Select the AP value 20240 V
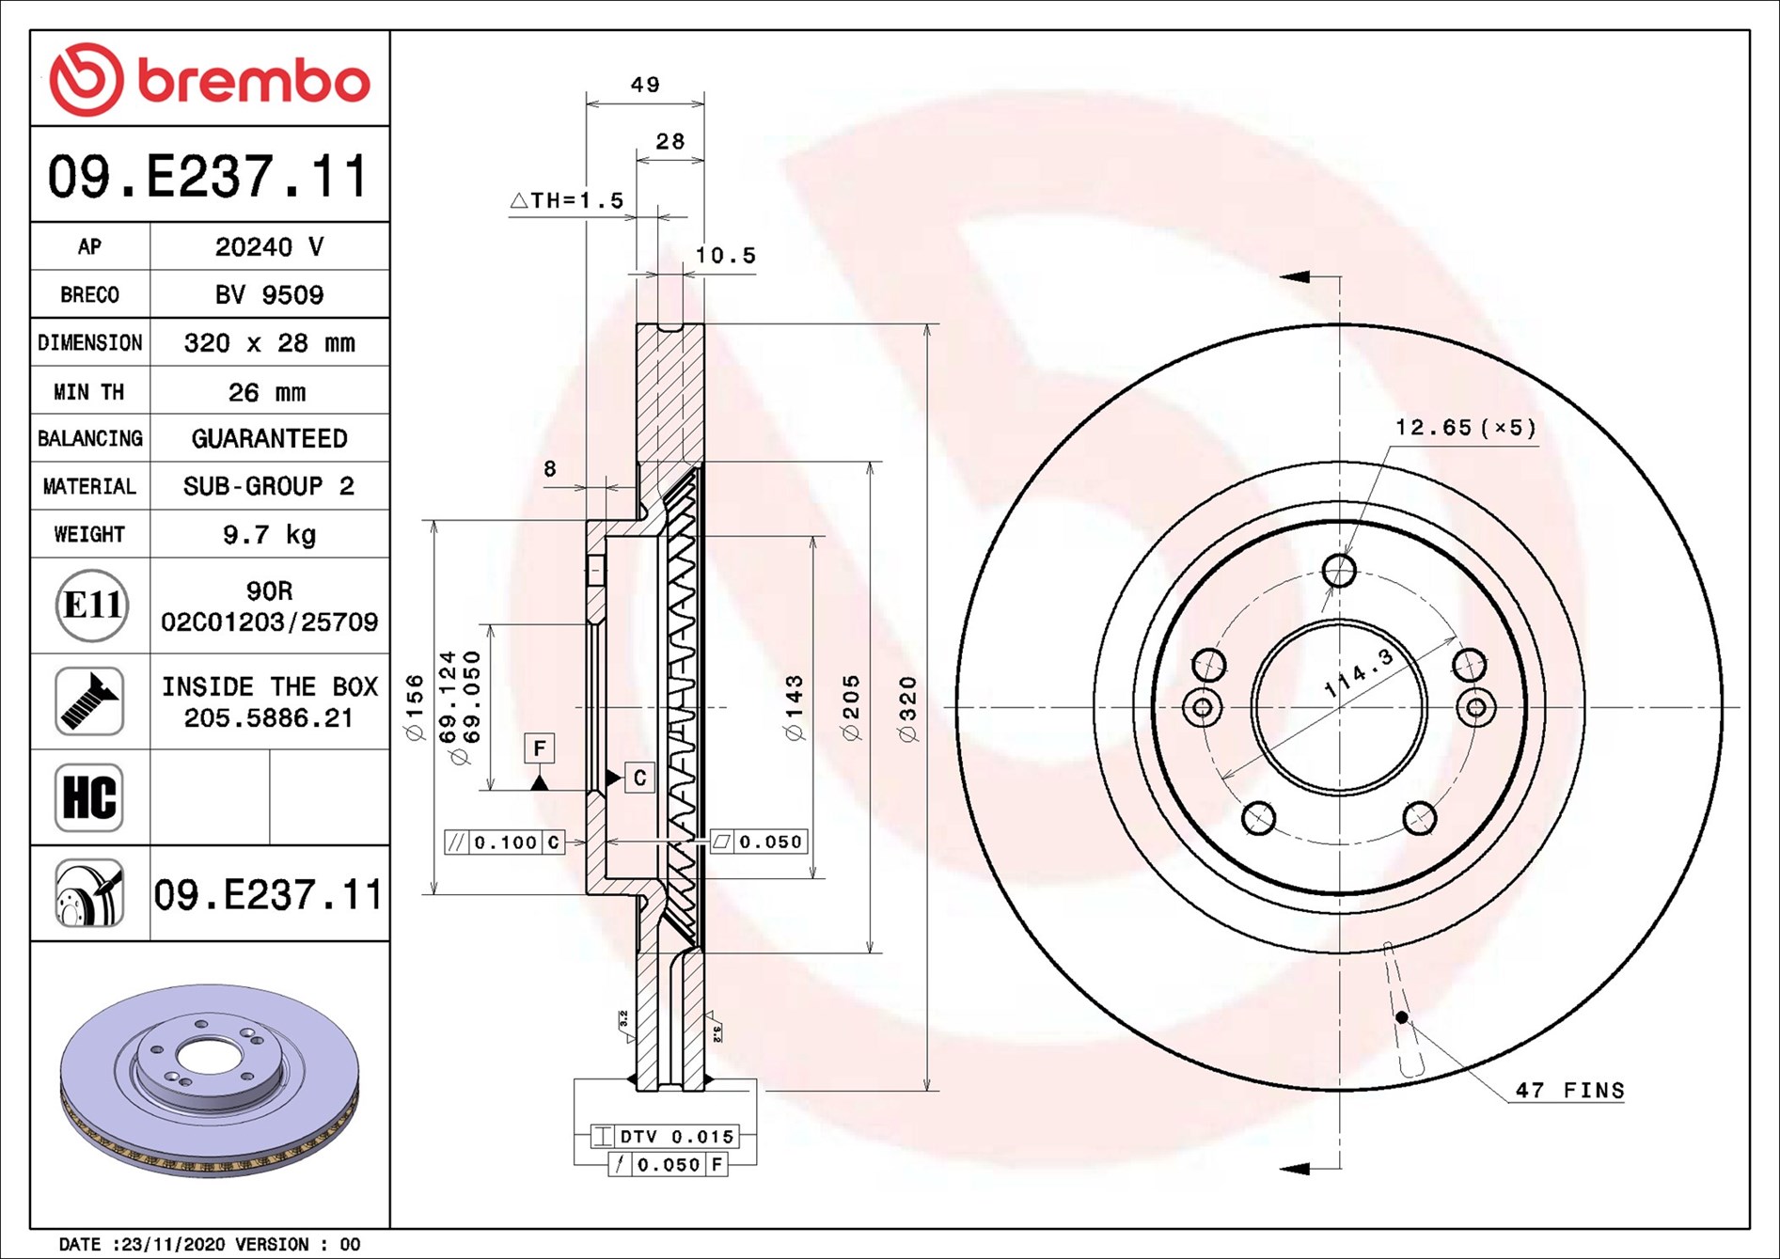[x=269, y=247]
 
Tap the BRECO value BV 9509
[x=269, y=295]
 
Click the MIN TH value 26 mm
[x=267, y=392]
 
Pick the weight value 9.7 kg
[x=269, y=535]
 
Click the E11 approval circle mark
[x=91, y=606]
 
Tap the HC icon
[x=89, y=797]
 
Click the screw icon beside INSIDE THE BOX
[x=89, y=701]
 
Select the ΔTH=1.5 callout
[x=567, y=201]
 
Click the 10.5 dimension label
[x=725, y=256]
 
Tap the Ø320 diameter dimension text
[x=907, y=709]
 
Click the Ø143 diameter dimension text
[x=795, y=708]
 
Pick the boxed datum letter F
[x=539, y=748]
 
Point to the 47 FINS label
[x=1569, y=1091]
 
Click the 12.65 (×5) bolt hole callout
[x=1465, y=429]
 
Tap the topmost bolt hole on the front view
[x=1339, y=570]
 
